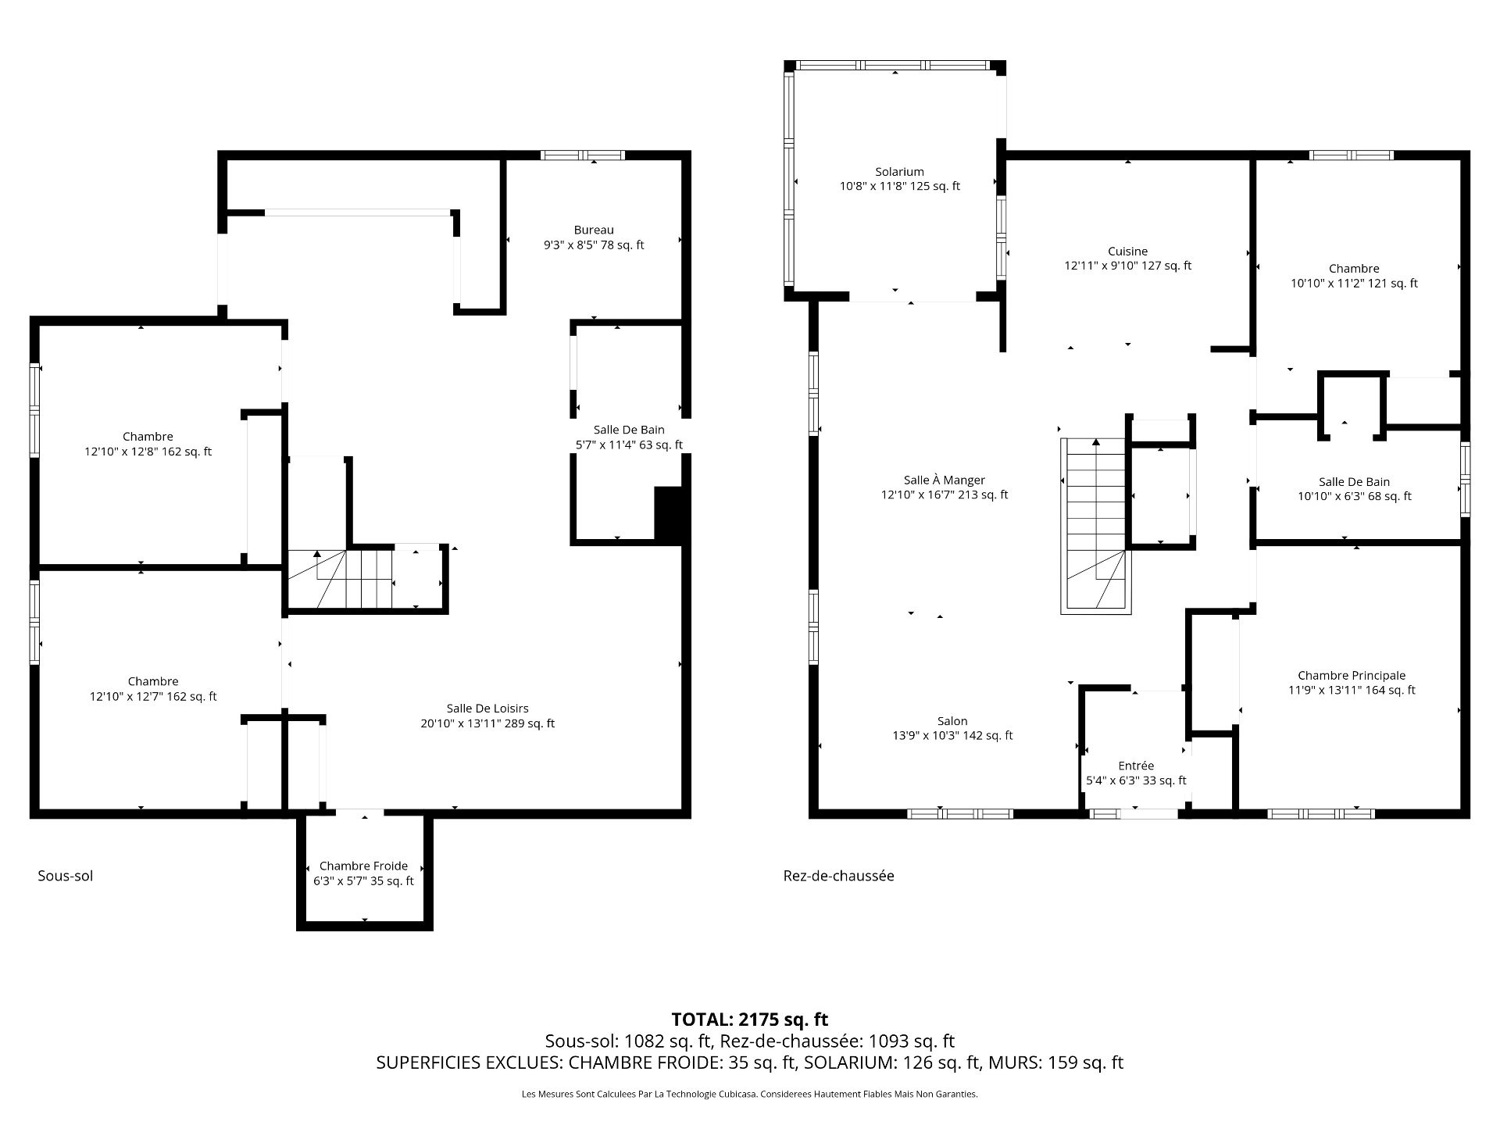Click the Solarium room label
pyautogui.click(x=899, y=172)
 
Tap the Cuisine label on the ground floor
pyautogui.click(x=1127, y=252)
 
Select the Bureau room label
pyautogui.click(x=594, y=230)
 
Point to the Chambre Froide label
pyautogui.click(x=363, y=866)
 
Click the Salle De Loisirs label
pyautogui.click(x=487, y=709)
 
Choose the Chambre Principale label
pyautogui.click(x=1352, y=676)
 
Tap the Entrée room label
pyautogui.click(x=1136, y=766)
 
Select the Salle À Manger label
pyautogui.click(x=945, y=480)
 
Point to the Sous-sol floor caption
pyautogui.click(x=66, y=876)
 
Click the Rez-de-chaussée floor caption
pyautogui.click(x=839, y=876)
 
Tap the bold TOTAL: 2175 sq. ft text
pyautogui.click(x=750, y=1020)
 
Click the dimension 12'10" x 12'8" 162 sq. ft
pyautogui.click(x=148, y=452)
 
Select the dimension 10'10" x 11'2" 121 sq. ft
pyautogui.click(x=1354, y=284)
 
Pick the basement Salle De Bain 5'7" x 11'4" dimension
pyautogui.click(x=629, y=445)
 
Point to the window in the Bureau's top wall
pyautogui.click(x=583, y=155)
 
